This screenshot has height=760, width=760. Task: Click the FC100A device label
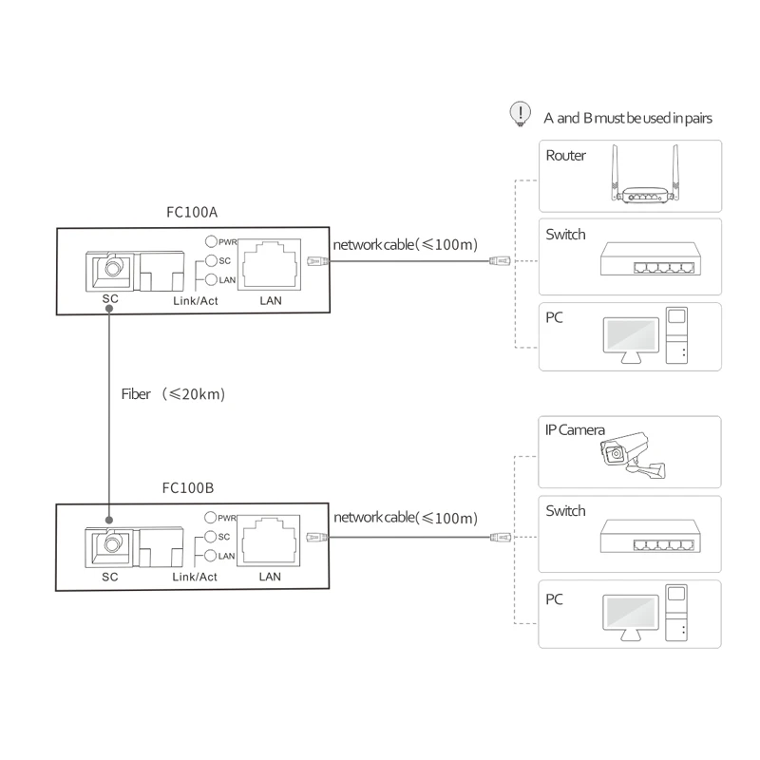coord(193,213)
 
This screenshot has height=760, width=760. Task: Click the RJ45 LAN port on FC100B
coord(272,539)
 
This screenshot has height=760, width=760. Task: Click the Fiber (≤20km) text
coord(173,393)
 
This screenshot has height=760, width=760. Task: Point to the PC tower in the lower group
coord(676,615)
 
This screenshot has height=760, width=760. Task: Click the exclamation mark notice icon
coord(519,113)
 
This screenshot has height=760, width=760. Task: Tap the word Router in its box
coord(566,156)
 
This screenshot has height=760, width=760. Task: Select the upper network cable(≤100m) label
coord(405,244)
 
